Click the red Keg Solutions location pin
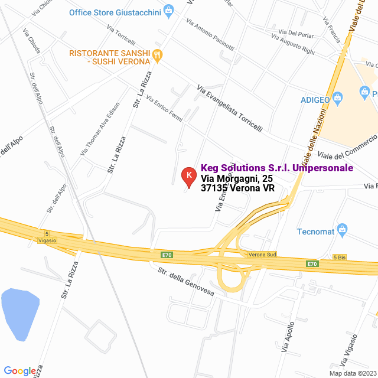[188, 176]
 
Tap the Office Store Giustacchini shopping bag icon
[169, 11]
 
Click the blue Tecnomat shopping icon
[341, 229]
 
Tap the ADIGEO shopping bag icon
[338, 99]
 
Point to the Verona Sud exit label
[262, 255]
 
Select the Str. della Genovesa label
[185, 282]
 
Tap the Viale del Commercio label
[347, 147]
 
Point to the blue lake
[19, 313]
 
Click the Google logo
[19, 370]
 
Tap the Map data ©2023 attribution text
[353, 373]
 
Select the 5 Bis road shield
[340, 258]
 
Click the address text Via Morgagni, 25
[236, 178]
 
